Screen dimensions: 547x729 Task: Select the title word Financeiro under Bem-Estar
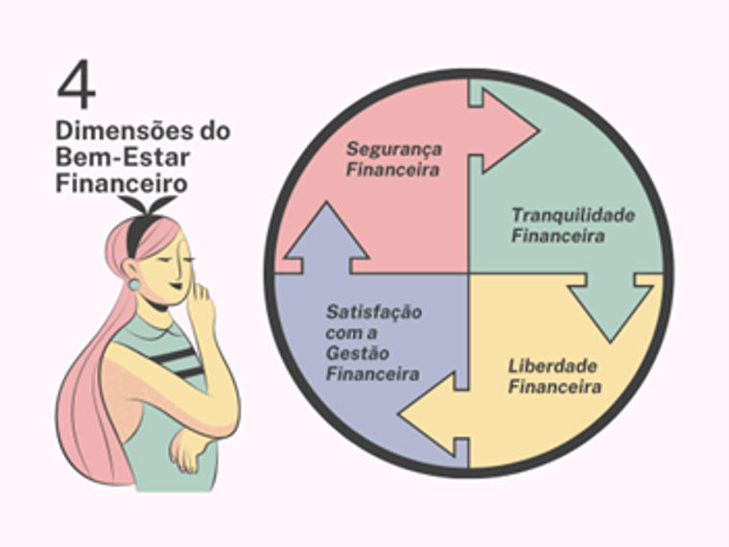[x=121, y=181]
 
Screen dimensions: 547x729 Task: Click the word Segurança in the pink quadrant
[x=394, y=150]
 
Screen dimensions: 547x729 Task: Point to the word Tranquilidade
[x=573, y=215]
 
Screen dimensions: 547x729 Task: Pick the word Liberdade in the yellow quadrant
[x=553, y=367]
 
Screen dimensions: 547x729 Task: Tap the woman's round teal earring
[x=135, y=284]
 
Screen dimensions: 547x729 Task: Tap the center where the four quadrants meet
[x=469, y=273]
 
